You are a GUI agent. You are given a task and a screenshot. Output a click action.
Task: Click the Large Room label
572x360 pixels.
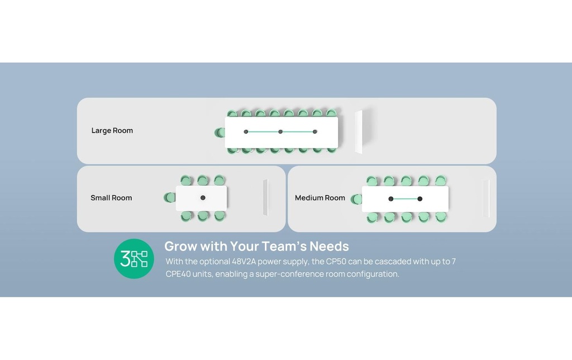[x=112, y=130]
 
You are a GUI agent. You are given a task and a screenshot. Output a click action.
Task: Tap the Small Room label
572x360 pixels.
[x=111, y=197]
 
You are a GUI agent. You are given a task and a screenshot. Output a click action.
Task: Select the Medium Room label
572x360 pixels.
[x=320, y=197]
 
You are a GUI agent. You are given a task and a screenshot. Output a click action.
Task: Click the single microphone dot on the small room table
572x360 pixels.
[x=203, y=197]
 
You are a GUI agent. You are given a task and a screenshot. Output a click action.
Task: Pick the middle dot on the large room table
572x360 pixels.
[x=280, y=131]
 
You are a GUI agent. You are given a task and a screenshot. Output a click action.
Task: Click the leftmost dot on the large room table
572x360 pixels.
[x=246, y=131]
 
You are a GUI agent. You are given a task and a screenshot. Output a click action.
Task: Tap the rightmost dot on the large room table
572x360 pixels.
[x=315, y=131]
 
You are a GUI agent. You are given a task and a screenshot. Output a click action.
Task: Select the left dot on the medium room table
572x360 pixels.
[x=390, y=198]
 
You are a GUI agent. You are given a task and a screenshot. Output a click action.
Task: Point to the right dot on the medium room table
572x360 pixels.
[x=420, y=198]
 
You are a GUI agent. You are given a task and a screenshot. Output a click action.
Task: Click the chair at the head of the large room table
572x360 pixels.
[x=220, y=132]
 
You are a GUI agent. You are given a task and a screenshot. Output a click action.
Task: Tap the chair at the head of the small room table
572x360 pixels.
[x=170, y=197]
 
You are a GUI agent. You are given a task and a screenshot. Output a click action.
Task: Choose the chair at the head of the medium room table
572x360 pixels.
[x=356, y=199]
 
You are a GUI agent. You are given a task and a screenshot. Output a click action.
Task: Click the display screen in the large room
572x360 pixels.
[x=359, y=132]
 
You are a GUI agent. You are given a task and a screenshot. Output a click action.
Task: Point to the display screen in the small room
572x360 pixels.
[x=265, y=197]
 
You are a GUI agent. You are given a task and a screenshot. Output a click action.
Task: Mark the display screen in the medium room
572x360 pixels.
[x=486, y=198]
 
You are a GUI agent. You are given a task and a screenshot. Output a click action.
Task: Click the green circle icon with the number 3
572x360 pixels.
[x=134, y=258]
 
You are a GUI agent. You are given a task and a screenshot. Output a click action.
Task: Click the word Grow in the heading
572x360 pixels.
[x=180, y=246]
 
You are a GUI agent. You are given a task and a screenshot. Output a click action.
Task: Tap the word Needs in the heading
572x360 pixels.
[x=329, y=246]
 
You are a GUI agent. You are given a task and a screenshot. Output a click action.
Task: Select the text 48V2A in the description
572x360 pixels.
[x=244, y=262]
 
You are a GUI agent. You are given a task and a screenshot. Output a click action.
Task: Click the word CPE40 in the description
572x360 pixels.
[x=178, y=274]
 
